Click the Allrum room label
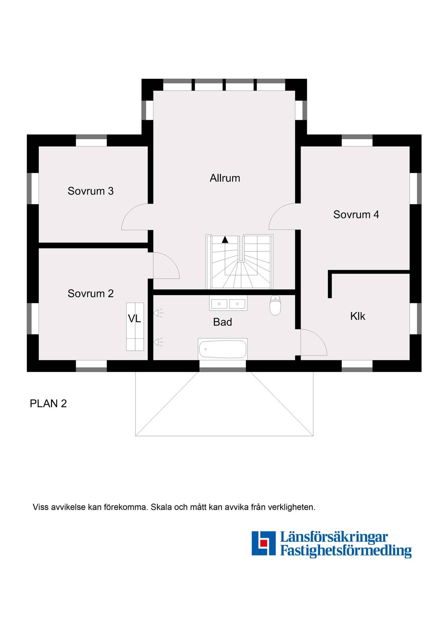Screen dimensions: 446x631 225,178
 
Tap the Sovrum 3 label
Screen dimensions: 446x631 91,191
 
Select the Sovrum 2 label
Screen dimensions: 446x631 91,294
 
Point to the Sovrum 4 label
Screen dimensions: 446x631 356,214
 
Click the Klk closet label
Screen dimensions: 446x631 358,316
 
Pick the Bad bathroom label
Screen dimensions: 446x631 222,322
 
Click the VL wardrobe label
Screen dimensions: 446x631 134,319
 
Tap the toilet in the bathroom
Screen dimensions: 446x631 275,305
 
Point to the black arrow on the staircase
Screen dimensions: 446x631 225,239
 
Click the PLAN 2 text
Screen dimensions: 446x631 48,404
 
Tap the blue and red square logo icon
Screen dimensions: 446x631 263,543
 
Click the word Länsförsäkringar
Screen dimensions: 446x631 334,537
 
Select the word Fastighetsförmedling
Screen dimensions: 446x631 346,551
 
